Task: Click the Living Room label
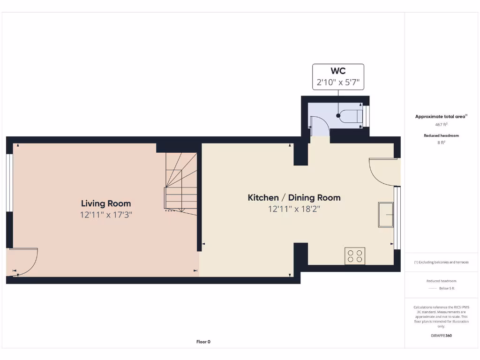point(106,203)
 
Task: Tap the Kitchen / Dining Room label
point(294,198)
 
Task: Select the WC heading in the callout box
point(338,71)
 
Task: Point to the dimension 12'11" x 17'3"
point(106,215)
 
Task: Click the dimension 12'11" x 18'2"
point(294,209)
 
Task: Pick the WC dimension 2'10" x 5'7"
point(338,83)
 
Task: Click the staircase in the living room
point(181,183)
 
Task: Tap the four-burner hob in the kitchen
point(355,255)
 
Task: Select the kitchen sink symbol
point(386,215)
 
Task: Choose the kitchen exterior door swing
point(383,172)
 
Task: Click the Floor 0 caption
point(203,342)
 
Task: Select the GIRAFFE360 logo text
point(442,336)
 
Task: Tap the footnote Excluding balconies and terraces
point(441,262)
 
